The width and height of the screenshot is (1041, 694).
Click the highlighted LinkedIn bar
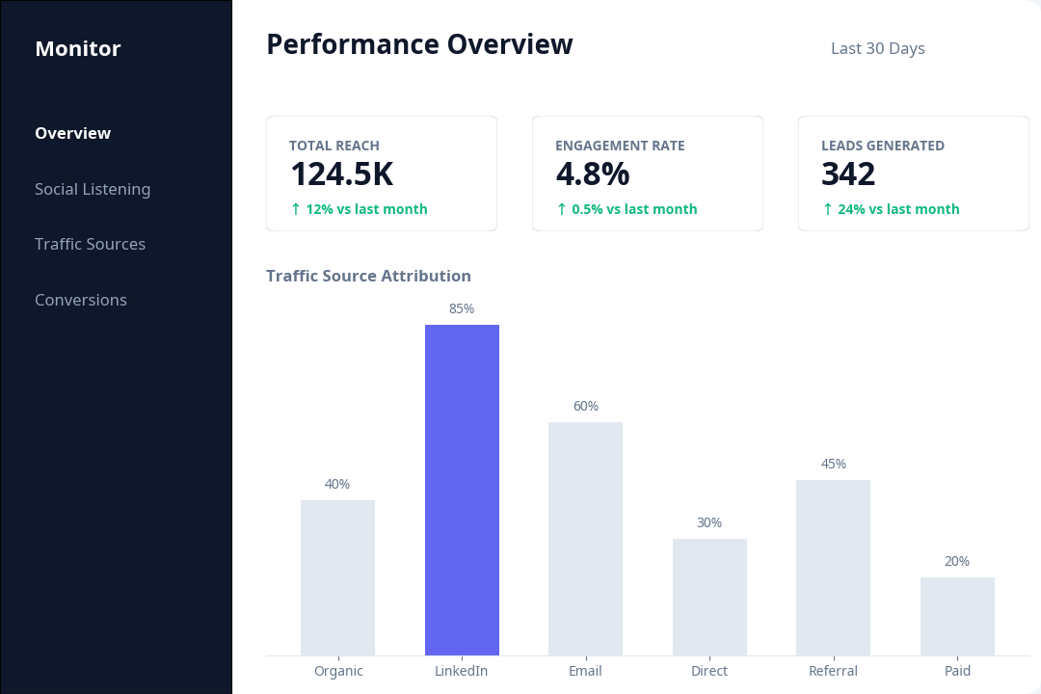[462, 490]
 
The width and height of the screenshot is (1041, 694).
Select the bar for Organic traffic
[337, 577]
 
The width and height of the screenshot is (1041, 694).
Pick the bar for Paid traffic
[957, 616]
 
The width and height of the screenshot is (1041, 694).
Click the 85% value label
[462, 308]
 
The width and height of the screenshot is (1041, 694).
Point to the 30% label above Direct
[709, 522]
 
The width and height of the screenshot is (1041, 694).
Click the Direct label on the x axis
[709, 671]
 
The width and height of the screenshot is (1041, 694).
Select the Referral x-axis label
[833, 671]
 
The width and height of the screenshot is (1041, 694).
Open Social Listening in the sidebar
[93, 189]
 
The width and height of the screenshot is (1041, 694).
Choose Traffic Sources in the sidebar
[90, 244]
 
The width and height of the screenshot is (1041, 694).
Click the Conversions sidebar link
[81, 300]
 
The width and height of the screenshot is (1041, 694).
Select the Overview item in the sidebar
[72, 133]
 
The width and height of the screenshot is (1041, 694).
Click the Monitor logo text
[77, 48]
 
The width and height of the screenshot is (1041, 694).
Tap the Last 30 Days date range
[877, 48]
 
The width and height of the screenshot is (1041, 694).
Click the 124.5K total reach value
[341, 174]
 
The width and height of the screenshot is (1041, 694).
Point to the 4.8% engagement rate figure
[592, 174]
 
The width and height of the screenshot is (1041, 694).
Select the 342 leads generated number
[848, 174]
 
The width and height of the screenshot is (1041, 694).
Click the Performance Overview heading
[419, 44]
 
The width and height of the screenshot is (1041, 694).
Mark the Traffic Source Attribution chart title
[368, 276]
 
